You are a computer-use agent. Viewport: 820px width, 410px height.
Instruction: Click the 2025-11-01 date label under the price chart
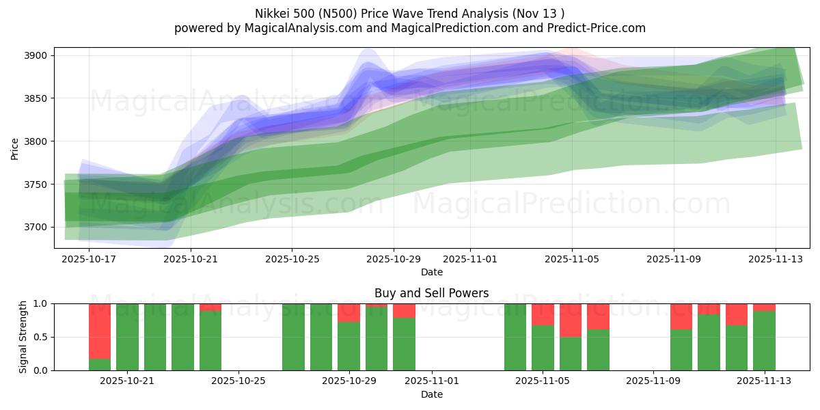[470, 260]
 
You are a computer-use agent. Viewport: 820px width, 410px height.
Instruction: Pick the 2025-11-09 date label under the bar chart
[653, 381]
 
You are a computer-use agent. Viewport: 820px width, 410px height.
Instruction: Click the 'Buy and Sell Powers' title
[431, 293]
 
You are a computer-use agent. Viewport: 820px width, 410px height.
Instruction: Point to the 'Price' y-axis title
[15, 149]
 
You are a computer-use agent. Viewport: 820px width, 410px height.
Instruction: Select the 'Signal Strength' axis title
[23, 337]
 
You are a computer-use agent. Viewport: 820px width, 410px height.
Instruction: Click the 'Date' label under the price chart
[431, 272]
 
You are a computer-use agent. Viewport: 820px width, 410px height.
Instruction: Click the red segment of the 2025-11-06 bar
[571, 320]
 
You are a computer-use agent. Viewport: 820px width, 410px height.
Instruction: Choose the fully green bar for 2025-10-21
[127, 337]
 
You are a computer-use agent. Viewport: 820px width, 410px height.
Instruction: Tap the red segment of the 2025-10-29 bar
[348, 312]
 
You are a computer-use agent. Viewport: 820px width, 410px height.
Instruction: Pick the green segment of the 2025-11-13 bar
[764, 340]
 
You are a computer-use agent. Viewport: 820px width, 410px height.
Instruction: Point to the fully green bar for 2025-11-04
[515, 337]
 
